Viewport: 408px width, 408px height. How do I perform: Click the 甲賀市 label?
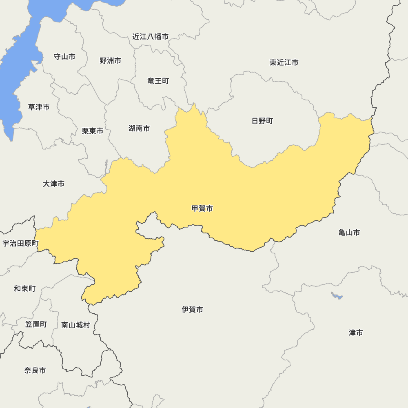[202, 208]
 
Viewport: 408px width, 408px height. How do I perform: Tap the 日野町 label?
[262, 121]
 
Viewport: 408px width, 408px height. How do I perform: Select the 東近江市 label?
[284, 62]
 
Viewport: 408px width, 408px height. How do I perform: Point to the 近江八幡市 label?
[150, 37]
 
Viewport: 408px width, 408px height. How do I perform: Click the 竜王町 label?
[158, 81]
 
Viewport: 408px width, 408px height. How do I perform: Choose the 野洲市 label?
[110, 61]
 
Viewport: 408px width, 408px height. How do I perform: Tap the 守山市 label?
[64, 57]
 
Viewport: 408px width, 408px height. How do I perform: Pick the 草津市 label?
[39, 107]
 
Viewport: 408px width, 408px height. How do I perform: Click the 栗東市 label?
[93, 131]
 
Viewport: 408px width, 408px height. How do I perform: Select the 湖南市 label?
[139, 129]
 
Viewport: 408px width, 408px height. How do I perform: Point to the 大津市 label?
[53, 184]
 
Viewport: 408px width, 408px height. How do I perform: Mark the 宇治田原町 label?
[20, 244]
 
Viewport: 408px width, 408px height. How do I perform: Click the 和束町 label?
[25, 289]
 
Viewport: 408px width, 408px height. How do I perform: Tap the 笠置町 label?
[36, 324]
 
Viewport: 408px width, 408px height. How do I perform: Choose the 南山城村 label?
[75, 325]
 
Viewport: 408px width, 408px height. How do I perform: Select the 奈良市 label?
[35, 370]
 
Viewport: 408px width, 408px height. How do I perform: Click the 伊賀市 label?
[192, 310]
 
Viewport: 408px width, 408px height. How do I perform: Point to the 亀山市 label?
[349, 233]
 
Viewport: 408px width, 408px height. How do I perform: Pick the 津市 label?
[356, 333]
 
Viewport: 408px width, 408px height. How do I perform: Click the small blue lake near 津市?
[337, 296]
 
